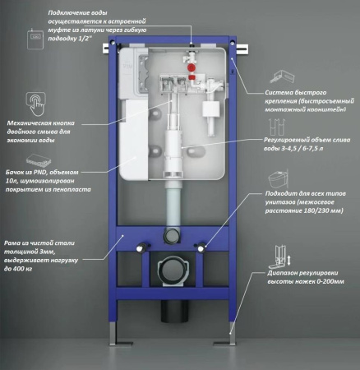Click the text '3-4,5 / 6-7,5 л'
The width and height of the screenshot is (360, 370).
302,150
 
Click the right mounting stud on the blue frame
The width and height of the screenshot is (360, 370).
201,247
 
